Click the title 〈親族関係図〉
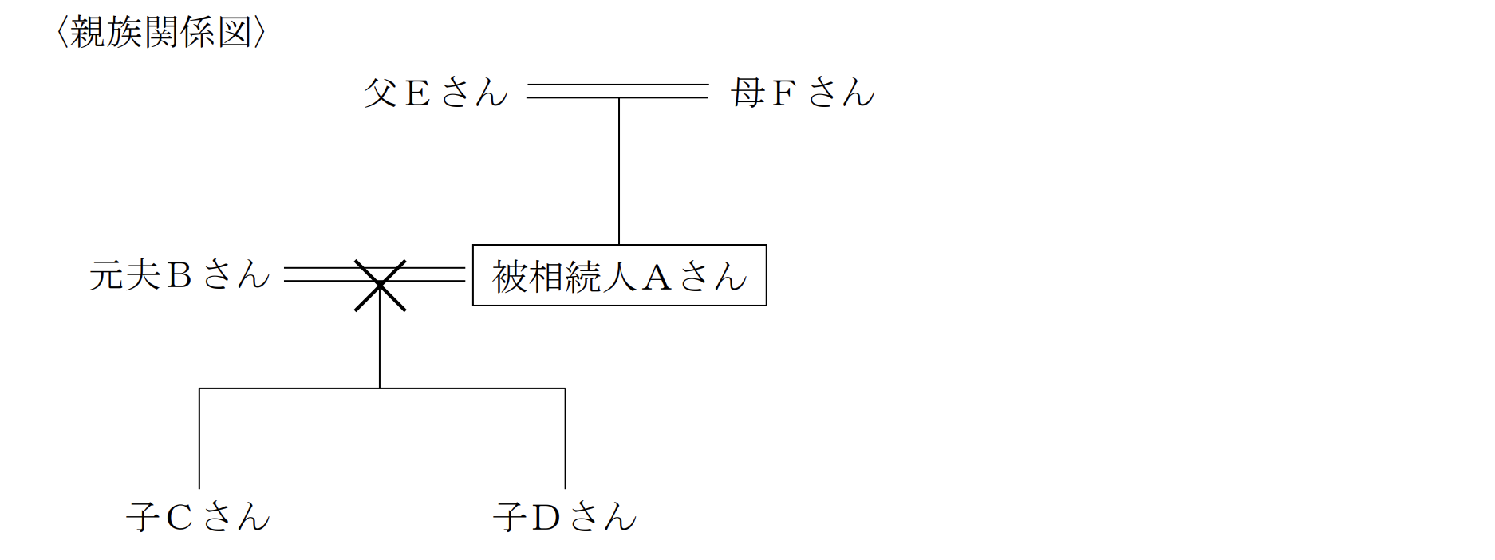point(160,33)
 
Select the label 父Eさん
point(436,93)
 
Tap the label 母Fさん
point(803,93)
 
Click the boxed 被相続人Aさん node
point(619,276)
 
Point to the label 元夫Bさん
point(179,275)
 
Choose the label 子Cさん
point(199,517)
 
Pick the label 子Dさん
point(565,517)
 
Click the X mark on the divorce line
point(380,285)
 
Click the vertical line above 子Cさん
point(199,439)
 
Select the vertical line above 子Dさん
point(565,439)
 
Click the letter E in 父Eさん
point(417,93)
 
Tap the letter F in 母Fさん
point(783,93)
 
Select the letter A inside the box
point(657,278)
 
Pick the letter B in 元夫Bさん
point(179,276)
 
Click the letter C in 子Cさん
point(179,518)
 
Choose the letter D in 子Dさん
point(546,518)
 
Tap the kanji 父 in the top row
point(381,93)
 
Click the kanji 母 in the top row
point(748,93)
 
